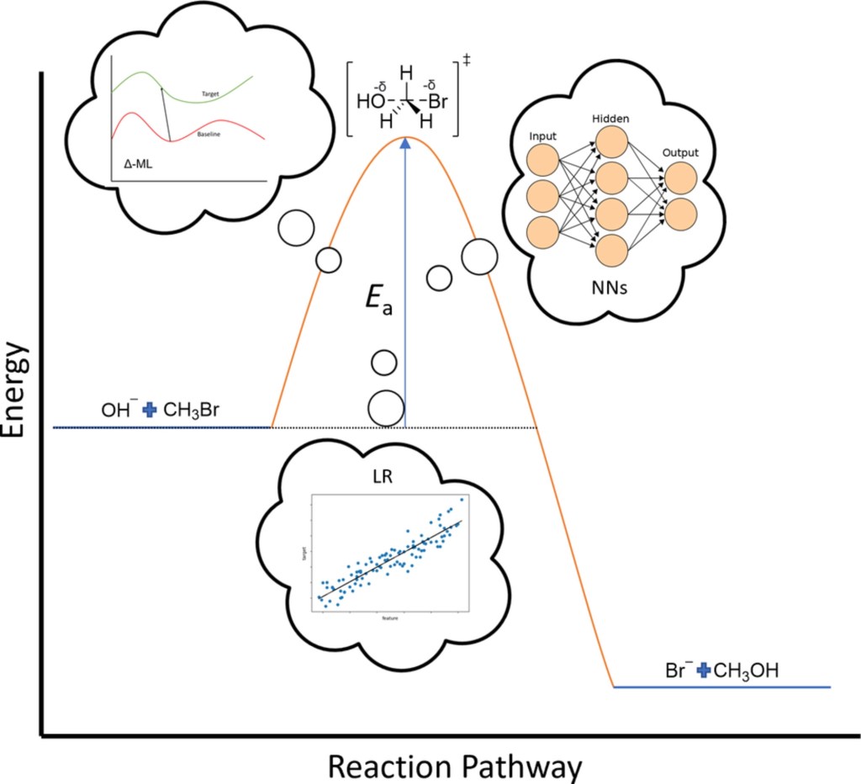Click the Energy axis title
tap(19, 394)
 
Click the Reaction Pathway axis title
tap(454, 766)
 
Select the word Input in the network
tap(542, 136)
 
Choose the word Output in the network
tap(679, 153)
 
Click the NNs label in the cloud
tap(610, 290)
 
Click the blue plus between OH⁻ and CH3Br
tap(151, 410)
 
